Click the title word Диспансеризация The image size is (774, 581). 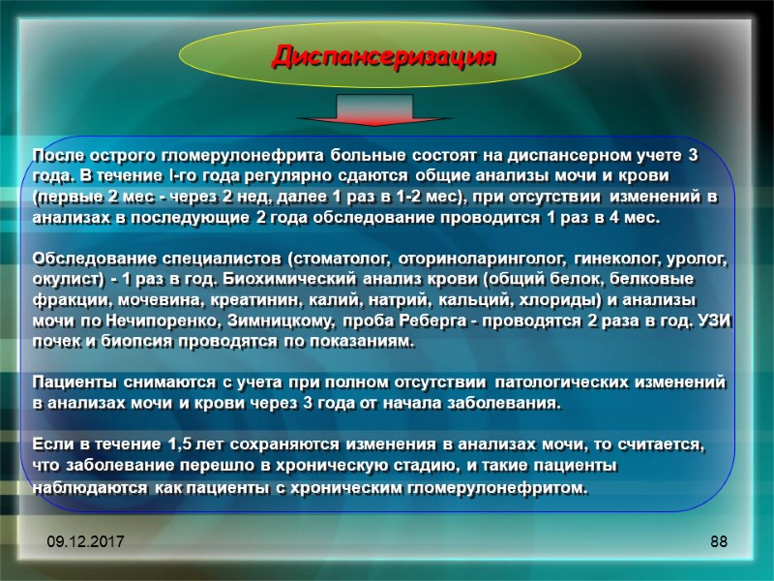[384, 55]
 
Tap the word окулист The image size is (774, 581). [67, 281]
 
